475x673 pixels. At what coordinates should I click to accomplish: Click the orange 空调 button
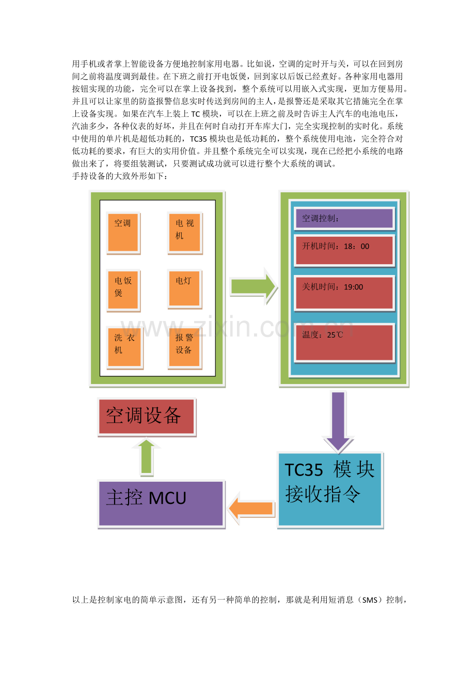tap(123, 233)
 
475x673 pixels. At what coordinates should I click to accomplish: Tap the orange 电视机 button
tap(184, 233)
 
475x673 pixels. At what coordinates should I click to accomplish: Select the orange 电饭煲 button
tap(123, 290)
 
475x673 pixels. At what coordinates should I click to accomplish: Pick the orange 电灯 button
tap(184, 289)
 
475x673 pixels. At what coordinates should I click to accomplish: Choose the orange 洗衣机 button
tap(124, 348)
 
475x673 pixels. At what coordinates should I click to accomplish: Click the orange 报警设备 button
tap(184, 348)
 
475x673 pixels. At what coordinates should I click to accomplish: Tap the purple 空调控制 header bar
tap(344, 219)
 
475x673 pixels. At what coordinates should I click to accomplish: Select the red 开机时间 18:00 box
tap(344, 251)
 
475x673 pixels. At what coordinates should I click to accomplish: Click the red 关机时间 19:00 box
tap(344, 293)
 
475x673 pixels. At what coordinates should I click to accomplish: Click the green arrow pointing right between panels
tap(254, 286)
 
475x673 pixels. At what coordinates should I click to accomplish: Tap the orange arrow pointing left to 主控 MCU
tap(251, 508)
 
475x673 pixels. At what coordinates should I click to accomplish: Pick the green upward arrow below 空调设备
tap(147, 457)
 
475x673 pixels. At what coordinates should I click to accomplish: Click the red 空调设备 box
tap(147, 417)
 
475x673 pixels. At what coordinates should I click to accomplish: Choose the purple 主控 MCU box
tap(161, 504)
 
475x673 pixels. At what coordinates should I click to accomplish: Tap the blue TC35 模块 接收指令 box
tap(330, 491)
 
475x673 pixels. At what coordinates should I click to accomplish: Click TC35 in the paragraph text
tap(198, 139)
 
